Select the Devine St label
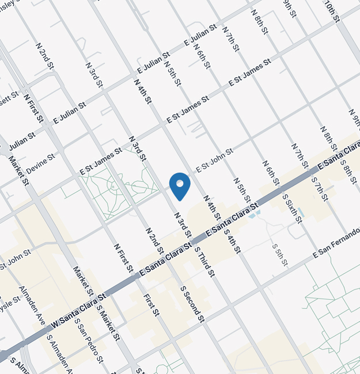pos(40,164)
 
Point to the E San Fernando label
pos(336,244)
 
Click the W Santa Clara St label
pos(79,312)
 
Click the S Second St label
pos(192,304)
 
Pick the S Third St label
pos(204,262)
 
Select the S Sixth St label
pos(292,209)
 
